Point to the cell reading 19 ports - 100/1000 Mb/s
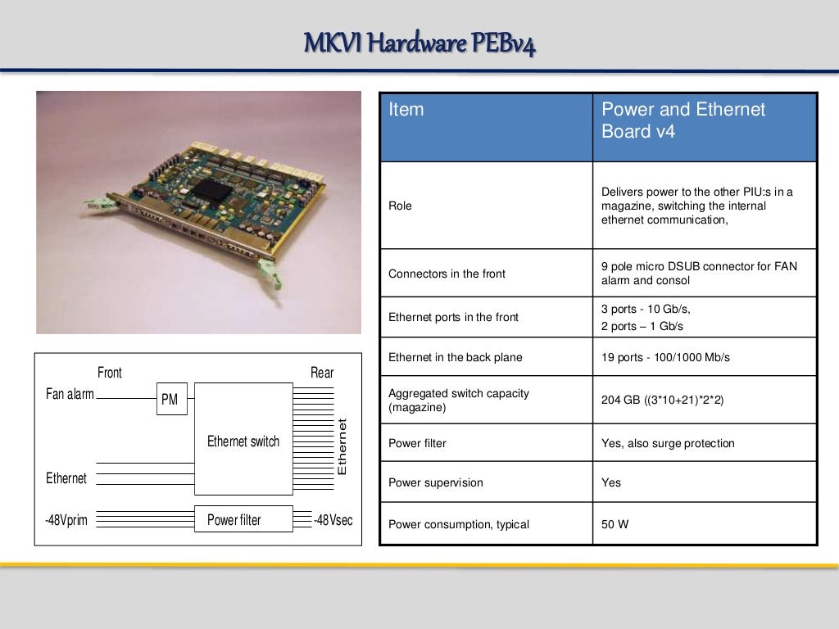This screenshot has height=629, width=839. pos(665,357)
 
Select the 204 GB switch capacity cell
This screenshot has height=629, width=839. pos(663,400)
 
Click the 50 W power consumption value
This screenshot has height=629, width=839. pos(615,524)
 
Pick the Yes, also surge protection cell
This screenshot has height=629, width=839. pos(668,443)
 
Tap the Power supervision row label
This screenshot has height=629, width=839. pos(436,482)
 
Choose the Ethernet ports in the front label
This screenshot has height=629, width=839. pos(453,317)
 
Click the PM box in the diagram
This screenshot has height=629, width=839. pos(171,400)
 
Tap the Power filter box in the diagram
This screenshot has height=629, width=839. pos(243,519)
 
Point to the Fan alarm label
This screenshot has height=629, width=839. pos(70,394)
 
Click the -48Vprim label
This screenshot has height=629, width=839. pos(66,519)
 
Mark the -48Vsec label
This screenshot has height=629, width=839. pos(334,519)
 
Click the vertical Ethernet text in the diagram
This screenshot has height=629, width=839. pos(342,447)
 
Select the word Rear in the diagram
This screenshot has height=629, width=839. pos(322,373)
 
